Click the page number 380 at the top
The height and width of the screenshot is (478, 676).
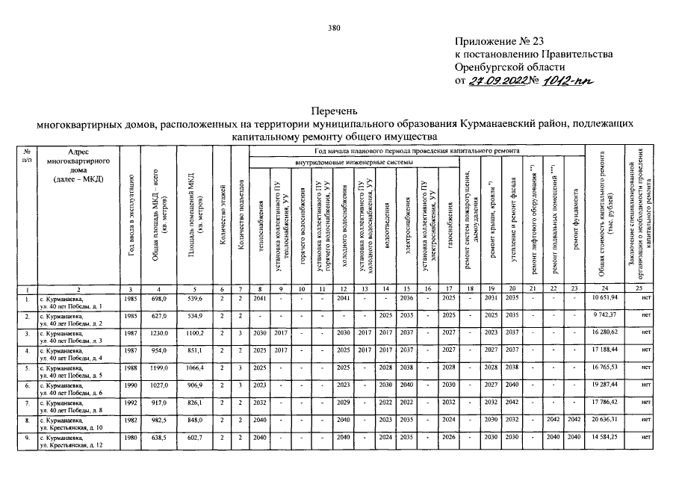click(x=334, y=28)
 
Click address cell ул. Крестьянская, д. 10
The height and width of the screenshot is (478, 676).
click(x=72, y=424)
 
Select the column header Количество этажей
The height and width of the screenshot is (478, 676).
click(x=223, y=217)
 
